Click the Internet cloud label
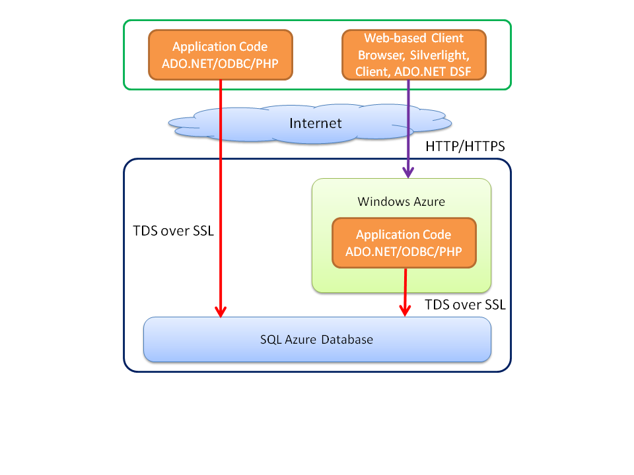coord(316,123)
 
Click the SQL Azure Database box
coord(317,340)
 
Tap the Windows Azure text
coord(401,201)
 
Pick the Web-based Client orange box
coord(413,55)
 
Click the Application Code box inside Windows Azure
coord(404,243)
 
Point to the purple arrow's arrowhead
coord(409,172)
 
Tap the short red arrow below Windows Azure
coord(404,294)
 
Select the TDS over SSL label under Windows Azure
coord(465,305)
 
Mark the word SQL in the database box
coord(269,340)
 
